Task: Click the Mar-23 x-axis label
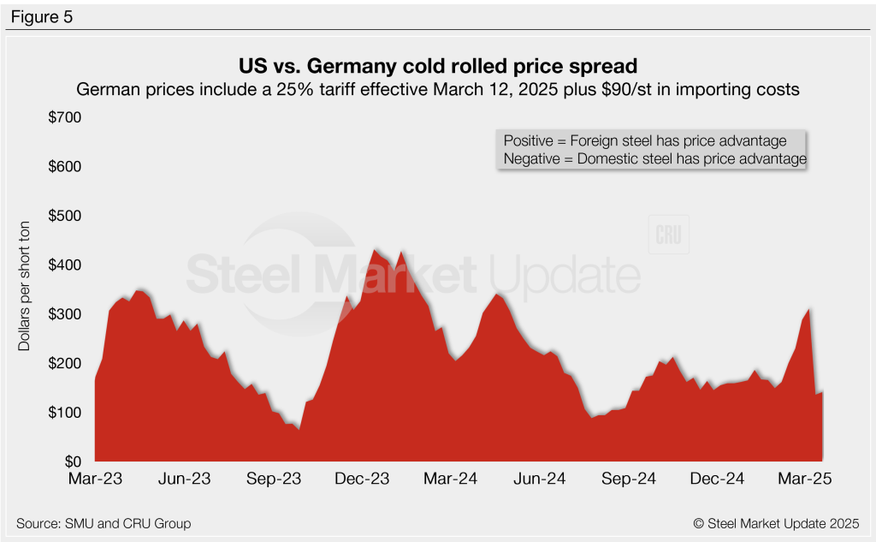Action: (x=95, y=479)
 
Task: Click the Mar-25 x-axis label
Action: (x=806, y=479)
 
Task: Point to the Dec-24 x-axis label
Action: (x=718, y=479)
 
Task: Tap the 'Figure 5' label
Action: (x=43, y=17)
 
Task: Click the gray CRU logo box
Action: (x=668, y=236)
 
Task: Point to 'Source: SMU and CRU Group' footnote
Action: (x=103, y=523)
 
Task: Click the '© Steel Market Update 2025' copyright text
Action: (x=776, y=523)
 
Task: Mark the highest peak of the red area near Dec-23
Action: (x=374, y=249)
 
